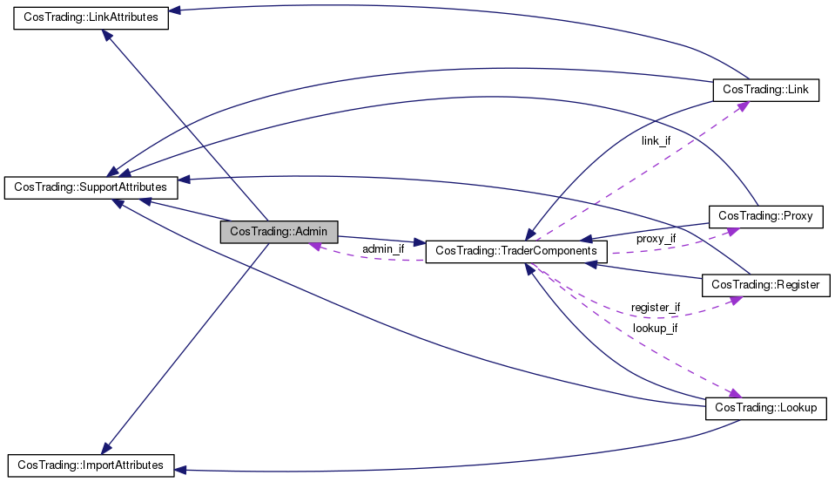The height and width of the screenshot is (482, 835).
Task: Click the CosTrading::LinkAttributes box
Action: click(x=91, y=17)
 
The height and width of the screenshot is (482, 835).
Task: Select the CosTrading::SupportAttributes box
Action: click(x=91, y=187)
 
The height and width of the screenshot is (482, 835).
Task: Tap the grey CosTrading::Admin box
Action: click(x=279, y=232)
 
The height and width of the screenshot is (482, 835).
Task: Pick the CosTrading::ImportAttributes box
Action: click(x=91, y=465)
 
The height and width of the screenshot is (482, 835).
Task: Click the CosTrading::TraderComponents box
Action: click(x=516, y=251)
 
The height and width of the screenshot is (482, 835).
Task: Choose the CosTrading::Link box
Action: click(x=765, y=90)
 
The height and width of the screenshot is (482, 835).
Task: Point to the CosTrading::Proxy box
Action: click(x=765, y=216)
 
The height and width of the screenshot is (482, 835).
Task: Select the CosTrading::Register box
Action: click(x=765, y=285)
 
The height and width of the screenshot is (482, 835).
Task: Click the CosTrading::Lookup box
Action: click(x=765, y=409)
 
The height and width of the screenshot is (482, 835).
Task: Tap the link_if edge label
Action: click(x=657, y=141)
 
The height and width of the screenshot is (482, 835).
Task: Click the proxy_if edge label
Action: click(x=657, y=239)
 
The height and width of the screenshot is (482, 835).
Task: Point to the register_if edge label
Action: click(x=656, y=308)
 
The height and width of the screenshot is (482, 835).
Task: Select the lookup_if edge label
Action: click(x=655, y=329)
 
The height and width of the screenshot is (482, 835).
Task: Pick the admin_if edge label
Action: click(x=383, y=249)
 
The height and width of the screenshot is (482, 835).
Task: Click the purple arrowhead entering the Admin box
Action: click(x=315, y=247)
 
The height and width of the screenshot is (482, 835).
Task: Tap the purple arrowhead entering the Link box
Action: click(x=743, y=105)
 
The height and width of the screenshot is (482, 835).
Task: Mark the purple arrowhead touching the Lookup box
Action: click(x=735, y=393)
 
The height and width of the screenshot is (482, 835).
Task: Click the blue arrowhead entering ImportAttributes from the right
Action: click(x=180, y=471)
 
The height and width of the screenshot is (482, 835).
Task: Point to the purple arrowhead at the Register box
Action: click(x=736, y=300)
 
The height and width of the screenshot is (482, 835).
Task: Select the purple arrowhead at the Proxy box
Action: click(x=733, y=231)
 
